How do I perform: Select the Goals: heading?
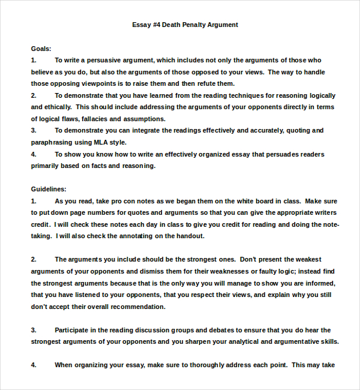[41, 49]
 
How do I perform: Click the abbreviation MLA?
[101, 142]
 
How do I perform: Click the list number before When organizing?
[34, 365]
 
